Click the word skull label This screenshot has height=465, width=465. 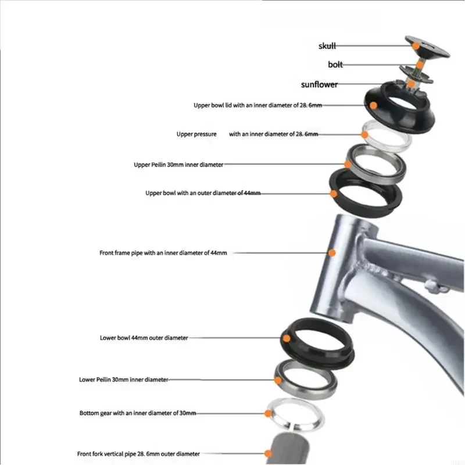click(327, 46)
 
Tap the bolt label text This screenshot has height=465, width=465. click(335, 65)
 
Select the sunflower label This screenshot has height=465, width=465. click(319, 84)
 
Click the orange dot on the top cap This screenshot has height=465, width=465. click(415, 45)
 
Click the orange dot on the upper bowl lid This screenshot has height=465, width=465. click(373, 106)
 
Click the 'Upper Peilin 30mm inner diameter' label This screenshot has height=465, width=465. click(178, 165)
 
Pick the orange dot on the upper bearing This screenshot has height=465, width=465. click(348, 164)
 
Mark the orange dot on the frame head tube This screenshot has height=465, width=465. click(332, 253)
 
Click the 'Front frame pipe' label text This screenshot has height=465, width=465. click(163, 253)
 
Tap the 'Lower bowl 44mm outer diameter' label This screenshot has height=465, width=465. click(144, 338)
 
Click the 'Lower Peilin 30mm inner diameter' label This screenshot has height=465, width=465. click(123, 380)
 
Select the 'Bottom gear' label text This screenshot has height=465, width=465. click(138, 413)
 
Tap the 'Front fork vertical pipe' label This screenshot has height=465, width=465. click(138, 454)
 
